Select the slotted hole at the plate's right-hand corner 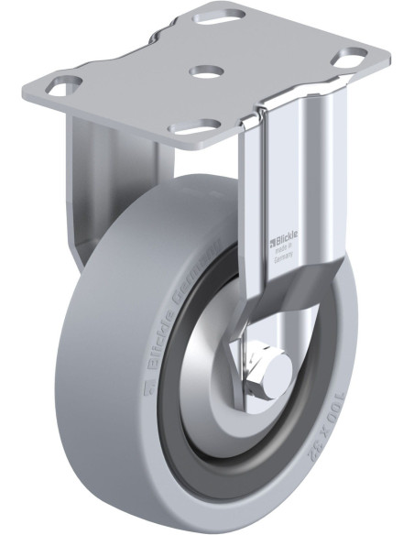(x=348, y=57)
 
